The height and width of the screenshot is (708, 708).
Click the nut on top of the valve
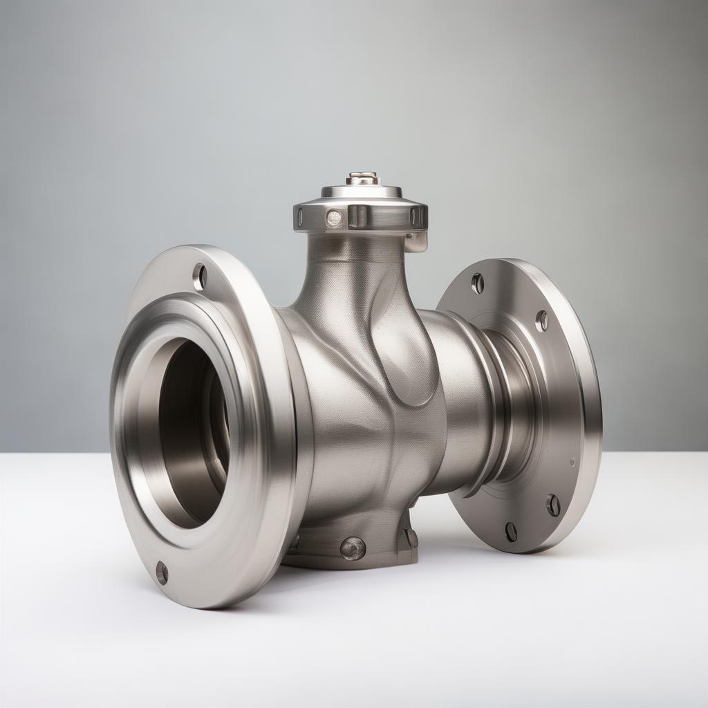(362, 178)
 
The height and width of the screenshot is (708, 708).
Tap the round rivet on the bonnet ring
(334, 218)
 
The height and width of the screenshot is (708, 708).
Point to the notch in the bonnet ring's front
(357, 216)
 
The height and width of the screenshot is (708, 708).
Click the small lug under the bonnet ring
(416, 241)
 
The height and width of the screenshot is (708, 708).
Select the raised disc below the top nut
(362, 190)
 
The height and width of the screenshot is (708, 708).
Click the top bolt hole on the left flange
(199, 277)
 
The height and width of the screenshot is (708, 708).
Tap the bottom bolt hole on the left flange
(162, 572)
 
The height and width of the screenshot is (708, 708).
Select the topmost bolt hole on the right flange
(477, 282)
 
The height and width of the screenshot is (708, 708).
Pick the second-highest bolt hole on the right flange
(541, 320)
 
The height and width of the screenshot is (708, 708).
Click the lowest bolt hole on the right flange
(511, 532)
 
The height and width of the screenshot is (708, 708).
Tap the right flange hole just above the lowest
(553, 505)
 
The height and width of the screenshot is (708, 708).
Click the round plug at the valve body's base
(353, 548)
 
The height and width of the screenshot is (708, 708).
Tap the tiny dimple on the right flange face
(572, 461)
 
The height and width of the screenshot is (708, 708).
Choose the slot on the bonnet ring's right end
(418, 216)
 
